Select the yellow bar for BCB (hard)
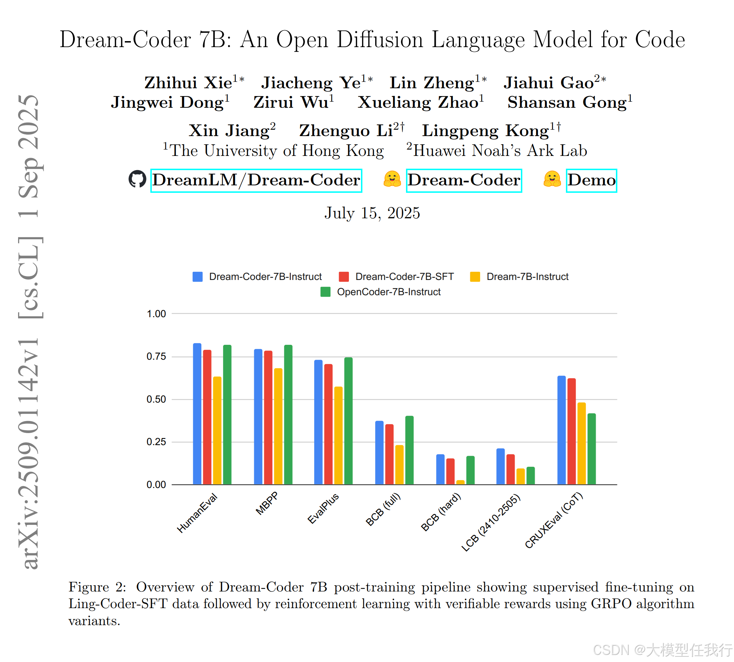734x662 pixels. pos(460,482)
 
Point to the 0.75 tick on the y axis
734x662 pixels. pos(156,357)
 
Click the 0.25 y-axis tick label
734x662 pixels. pos(156,442)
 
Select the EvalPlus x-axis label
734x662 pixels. pos(323,508)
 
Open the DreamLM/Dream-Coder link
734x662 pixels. pos(256,180)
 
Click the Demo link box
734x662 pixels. pos(591,180)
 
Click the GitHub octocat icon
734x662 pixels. pos(137,179)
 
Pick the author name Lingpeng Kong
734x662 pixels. pos(485,130)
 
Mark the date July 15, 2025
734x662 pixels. pos(372,213)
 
